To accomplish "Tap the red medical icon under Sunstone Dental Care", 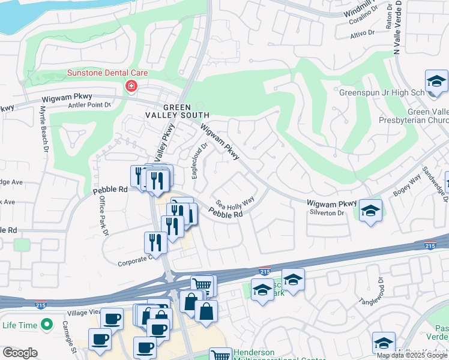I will [x=130, y=87].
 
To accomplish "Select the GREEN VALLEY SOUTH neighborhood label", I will [x=178, y=110].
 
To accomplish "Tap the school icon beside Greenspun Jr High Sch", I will [x=436, y=82].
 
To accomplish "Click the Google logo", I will [x=20, y=353].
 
